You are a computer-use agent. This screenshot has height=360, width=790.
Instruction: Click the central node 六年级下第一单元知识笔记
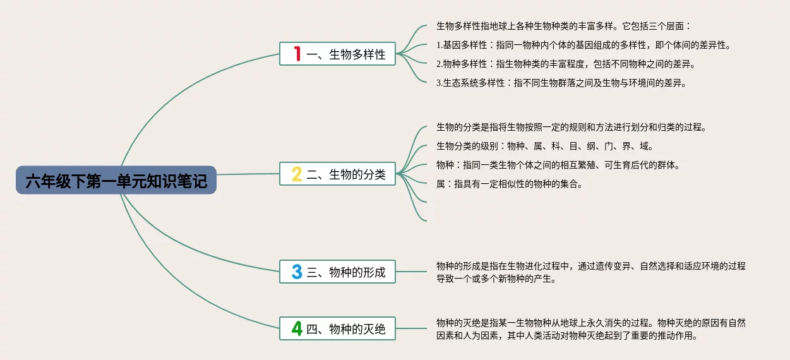(x=116, y=180)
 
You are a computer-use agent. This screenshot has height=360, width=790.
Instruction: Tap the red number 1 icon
(x=297, y=54)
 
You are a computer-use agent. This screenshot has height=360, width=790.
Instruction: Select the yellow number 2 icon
(x=297, y=174)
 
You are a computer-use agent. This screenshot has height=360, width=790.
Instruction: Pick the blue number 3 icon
(x=297, y=272)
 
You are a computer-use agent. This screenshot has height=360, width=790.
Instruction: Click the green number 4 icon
(x=297, y=328)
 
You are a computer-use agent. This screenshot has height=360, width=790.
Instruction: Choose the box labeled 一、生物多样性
(x=337, y=54)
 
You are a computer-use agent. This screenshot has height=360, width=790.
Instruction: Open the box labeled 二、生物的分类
(x=337, y=174)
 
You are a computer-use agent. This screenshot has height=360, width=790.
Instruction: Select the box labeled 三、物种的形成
(x=337, y=272)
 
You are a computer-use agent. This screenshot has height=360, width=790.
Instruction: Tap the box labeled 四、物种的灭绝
(x=337, y=328)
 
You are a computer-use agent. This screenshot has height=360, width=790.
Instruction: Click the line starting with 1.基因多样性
(x=584, y=45)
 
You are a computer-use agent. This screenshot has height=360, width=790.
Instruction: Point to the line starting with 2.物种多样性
(x=566, y=64)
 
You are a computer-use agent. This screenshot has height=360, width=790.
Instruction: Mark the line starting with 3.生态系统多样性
(x=561, y=83)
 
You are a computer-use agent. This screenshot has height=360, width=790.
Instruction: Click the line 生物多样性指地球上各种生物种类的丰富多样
(x=563, y=26)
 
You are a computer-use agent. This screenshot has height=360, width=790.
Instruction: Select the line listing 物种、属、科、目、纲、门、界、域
(x=545, y=146)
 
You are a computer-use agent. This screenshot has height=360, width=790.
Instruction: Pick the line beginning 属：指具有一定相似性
(x=510, y=184)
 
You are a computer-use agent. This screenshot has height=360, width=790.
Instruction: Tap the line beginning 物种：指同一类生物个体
(x=559, y=165)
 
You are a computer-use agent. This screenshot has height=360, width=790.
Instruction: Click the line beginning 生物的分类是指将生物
(x=572, y=128)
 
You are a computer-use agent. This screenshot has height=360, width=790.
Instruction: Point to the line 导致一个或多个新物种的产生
(x=496, y=279)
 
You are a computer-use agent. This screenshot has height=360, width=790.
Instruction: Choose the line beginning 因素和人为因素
(x=568, y=335)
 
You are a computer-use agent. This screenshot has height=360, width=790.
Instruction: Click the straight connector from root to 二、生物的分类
(x=248, y=174)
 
